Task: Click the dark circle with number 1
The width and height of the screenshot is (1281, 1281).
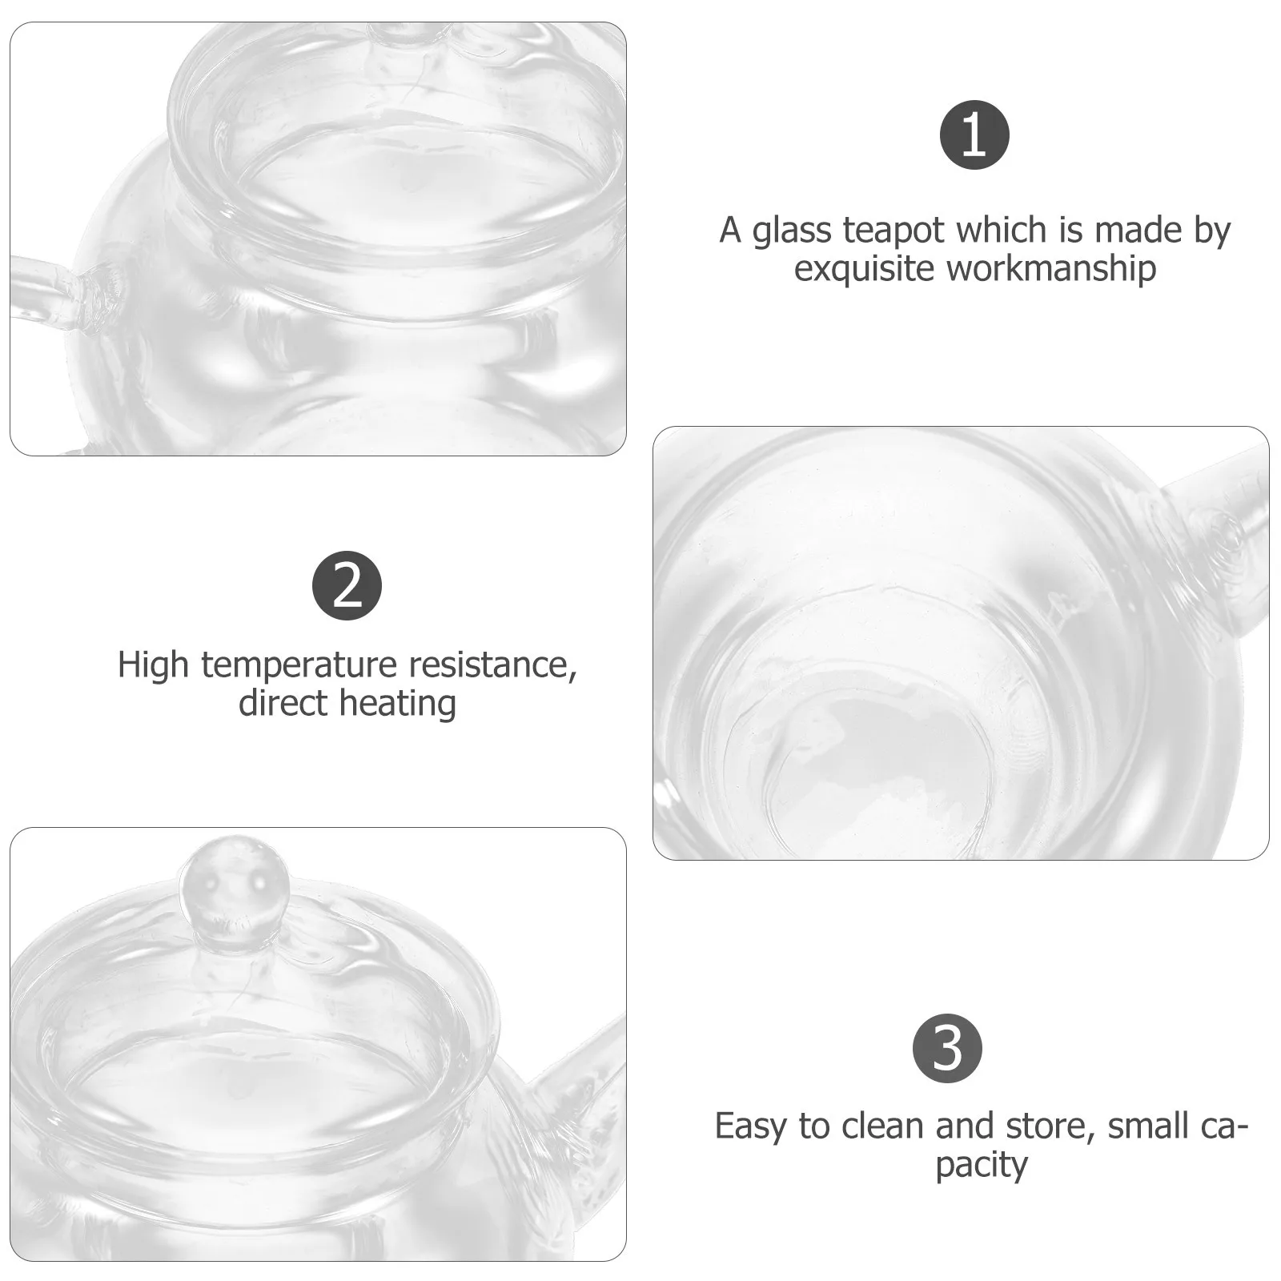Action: point(974,135)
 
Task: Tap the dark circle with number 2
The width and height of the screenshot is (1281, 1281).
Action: point(347,585)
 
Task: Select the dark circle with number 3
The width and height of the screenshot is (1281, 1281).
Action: point(947,1048)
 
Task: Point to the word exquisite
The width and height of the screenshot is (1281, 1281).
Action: point(865,269)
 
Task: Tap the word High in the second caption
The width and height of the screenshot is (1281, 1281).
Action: point(153,665)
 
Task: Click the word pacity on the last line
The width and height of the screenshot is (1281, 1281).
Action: point(981,1165)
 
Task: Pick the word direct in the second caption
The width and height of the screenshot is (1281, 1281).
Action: point(283,703)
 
